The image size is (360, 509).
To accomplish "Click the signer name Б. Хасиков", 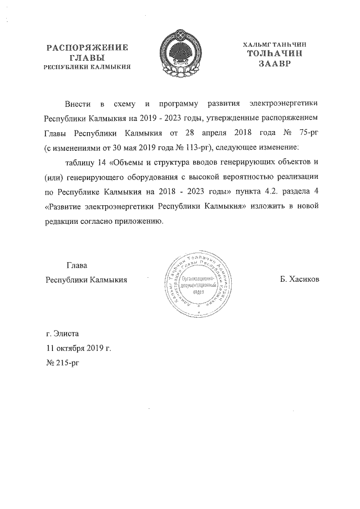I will click(299, 279).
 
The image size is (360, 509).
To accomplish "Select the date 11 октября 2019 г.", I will click(79, 348).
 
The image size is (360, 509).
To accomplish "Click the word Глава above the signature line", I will click(77, 265).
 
